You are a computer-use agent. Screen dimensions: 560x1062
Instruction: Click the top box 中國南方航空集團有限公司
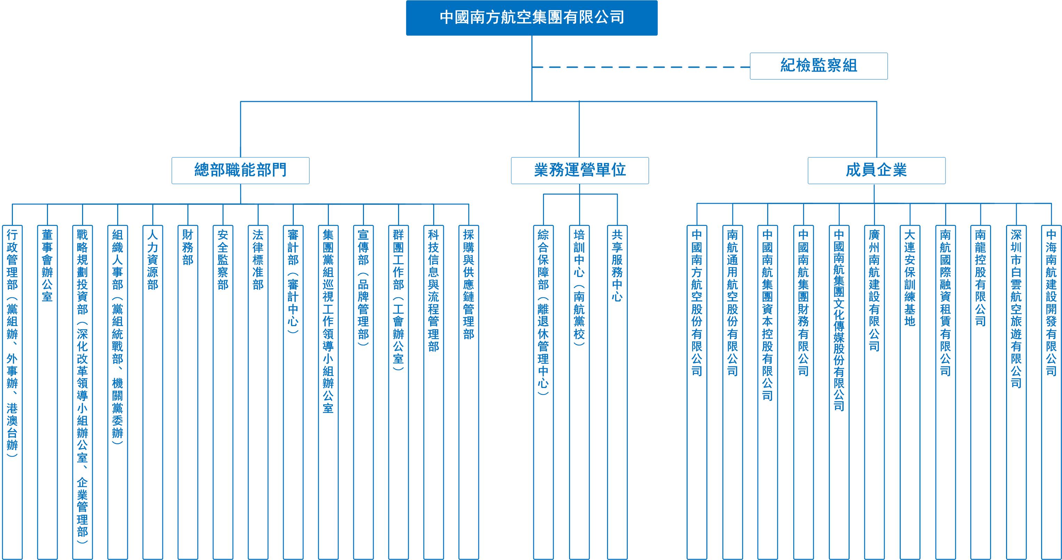coord(532,18)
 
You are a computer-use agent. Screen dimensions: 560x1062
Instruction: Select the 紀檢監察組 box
coord(818,66)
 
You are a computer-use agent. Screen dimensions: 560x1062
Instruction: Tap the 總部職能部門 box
coord(240,170)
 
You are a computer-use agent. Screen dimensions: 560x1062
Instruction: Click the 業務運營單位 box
coord(579,170)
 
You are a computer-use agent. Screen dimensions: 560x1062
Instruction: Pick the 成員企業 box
coord(876,170)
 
